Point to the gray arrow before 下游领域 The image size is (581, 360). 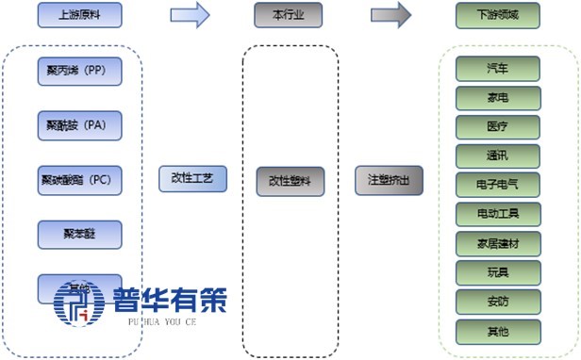coord(390,15)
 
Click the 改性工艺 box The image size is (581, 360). coord(192,178)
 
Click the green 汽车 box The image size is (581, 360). coord(498,69)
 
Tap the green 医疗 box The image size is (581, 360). coord(498,127)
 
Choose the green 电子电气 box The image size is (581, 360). coord(498,185)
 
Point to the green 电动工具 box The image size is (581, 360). coord(498,214)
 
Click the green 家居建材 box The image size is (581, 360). coord(498,243)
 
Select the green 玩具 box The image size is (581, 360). coord(498,272)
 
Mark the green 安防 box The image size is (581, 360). coord(498,302)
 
